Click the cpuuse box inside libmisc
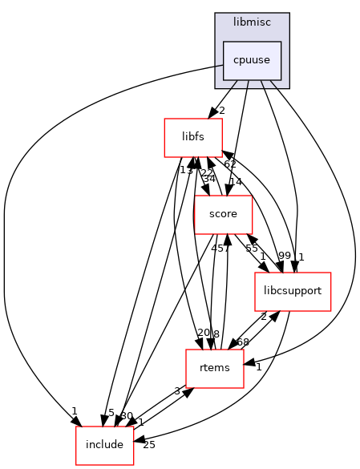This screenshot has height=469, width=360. (x=252, y=60)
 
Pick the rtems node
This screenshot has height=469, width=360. (x=214, y=368)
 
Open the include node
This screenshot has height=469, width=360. (x=104, y=444)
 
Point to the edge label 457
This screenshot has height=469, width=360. (x=220, y=248)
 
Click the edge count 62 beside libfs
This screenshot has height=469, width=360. (x=230, y=164)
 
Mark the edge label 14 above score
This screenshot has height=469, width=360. (x=235, y=182)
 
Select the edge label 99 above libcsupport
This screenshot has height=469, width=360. (x=284, y=256)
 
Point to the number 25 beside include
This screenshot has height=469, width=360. (x=148, y=445)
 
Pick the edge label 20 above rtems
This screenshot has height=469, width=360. (x=203, y=333)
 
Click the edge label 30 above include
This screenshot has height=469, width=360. (x=126, y=415)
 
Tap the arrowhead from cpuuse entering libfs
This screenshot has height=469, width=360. (x=210, y=115)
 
